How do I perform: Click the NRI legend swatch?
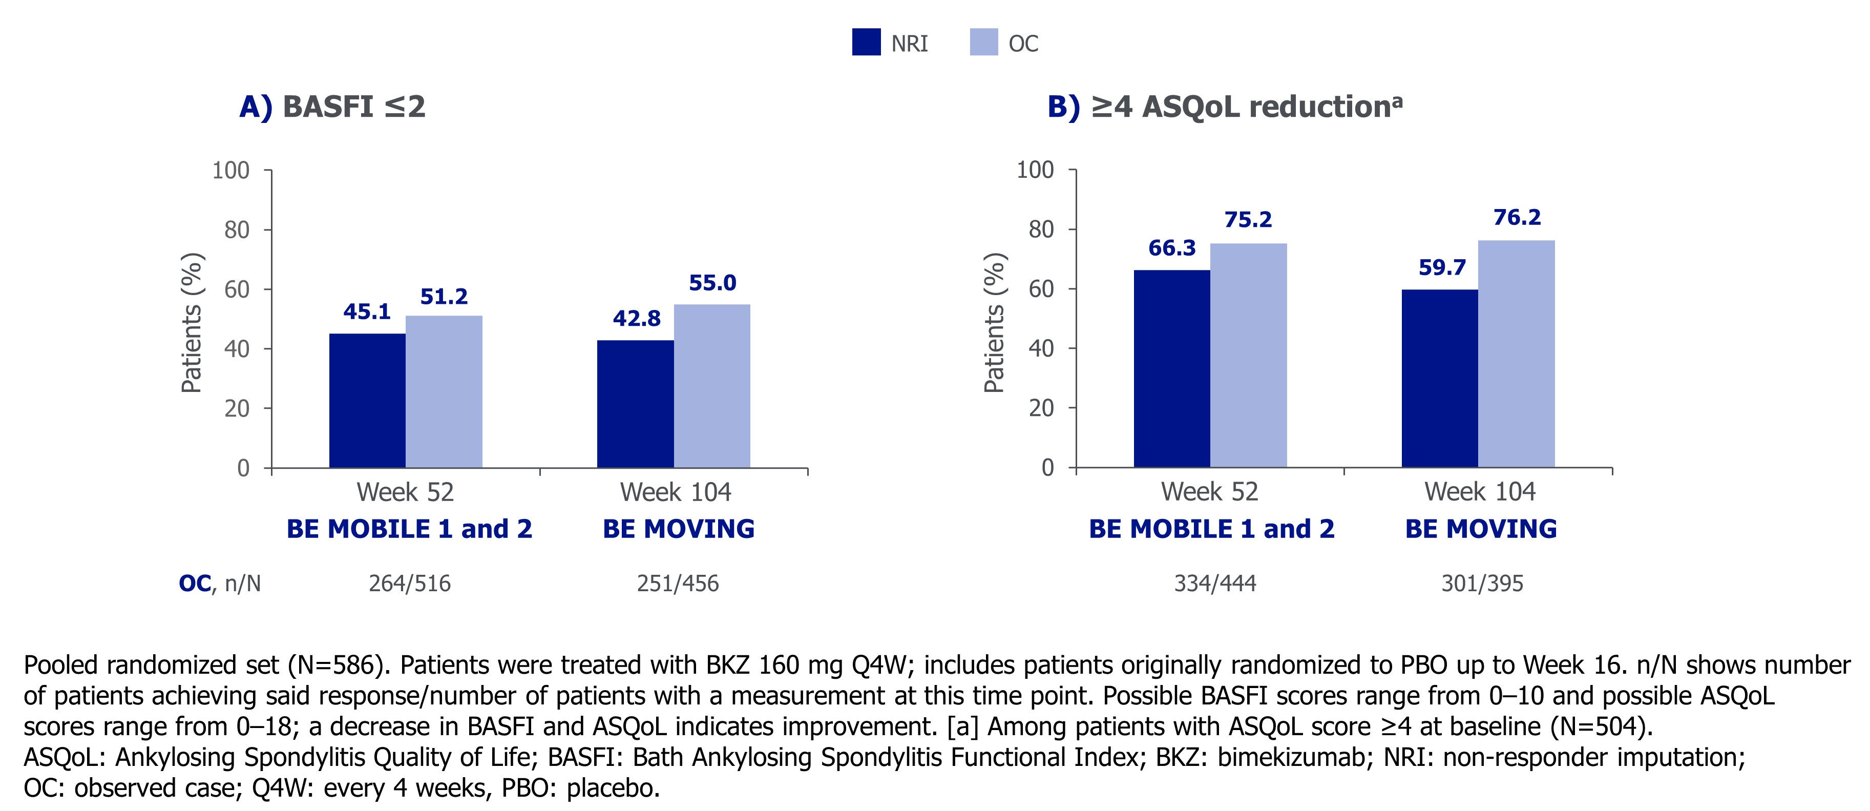866,42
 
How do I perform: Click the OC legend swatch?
983,42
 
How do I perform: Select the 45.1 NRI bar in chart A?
367,400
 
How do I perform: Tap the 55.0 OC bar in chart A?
711,386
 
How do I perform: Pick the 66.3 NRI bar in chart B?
1172,369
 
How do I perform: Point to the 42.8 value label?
637,318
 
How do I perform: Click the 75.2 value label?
1248,219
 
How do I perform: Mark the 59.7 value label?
1442,267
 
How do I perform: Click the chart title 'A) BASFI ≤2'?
332,107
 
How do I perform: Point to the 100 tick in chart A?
231,171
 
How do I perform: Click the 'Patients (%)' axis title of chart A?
192,323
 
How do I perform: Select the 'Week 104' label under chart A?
675,492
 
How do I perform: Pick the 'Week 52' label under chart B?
1209,491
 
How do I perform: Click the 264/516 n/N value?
409,583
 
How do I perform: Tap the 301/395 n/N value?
1482,583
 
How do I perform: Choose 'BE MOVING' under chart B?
1481,529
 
